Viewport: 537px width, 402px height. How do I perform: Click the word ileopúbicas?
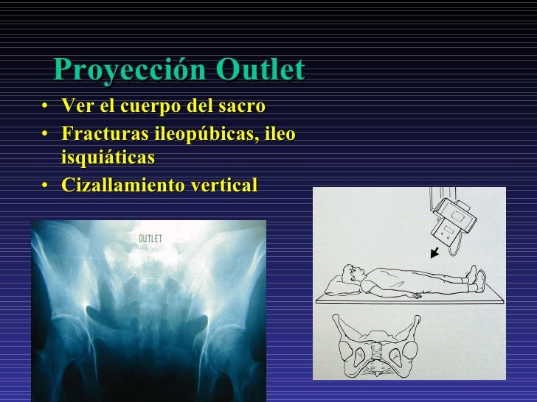click(x=204, y=135)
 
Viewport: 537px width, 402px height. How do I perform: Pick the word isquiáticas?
click(x=108, y=158)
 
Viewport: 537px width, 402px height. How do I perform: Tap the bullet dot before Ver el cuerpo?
click(x=46, y=107)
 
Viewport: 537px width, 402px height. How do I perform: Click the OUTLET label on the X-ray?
click(x=150, y=239)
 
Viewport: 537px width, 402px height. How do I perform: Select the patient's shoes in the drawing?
click(x=480, y=278)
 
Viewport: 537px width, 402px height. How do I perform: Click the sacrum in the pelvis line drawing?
click(x=377, y=345)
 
